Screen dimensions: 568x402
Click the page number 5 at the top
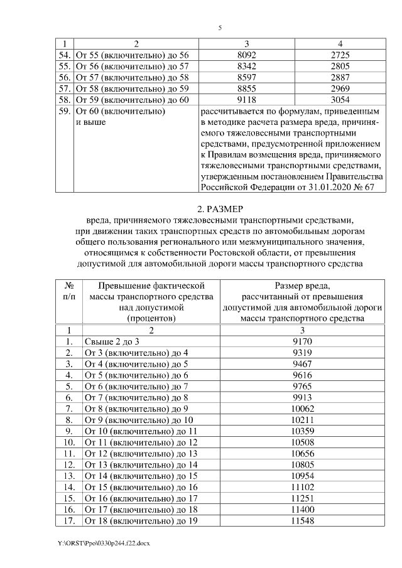pyautogui.click(x=220, y=28)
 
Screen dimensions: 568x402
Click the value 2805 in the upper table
pyautogui.click(x=340, y=67)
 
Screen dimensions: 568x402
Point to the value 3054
pyautogui.click(x=340, y=100)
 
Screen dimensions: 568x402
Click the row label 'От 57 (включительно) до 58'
pyautogui.click(x=132, y=78)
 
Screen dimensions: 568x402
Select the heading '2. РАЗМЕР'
pyautogui.click(x=219, y=208)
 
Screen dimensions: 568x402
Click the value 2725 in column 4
pyautogui.click(x=340, y=55)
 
